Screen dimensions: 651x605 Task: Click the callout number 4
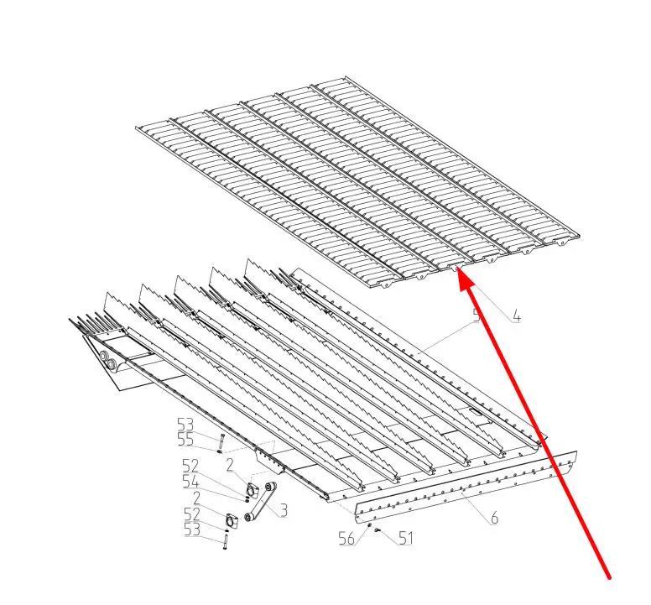click(x=516, y=317)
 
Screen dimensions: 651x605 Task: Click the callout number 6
click(x=494, y=518)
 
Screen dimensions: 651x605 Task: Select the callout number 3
click(x=284, y=510)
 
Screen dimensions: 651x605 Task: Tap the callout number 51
click(x=406, y=538)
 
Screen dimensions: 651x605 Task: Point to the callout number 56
click(x=346, y=538)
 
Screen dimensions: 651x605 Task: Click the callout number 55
click(x=185, y=440)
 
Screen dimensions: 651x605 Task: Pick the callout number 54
click(x=190, y=482)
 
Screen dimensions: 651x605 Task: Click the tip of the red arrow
click(x=459, y=270)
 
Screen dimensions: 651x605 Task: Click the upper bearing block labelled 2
click(x=252, y=490)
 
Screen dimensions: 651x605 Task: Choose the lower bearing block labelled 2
click(x=232, y=521)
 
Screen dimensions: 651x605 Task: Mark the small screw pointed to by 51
click(x=378, y=529)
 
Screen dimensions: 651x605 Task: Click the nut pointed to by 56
click(x=368, y=525)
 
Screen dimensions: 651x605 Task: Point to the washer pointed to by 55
click(x=219, y=451)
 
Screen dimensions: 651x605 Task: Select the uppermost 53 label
click(x=185, y=425)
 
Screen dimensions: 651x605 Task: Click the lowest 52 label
click(x=192, y=514)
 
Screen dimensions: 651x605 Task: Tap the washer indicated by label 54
click(x=247, y=500)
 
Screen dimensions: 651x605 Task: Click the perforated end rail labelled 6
click(x=466, y=487)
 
